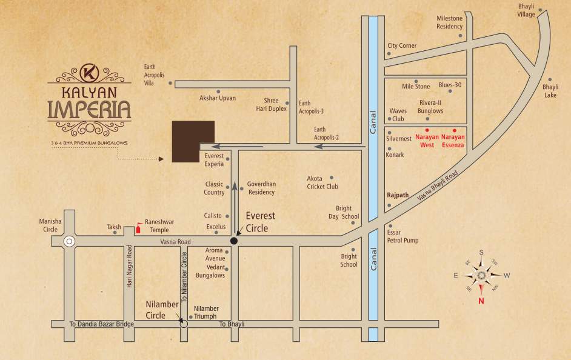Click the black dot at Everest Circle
(234, 241)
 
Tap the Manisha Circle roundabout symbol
(69, 241)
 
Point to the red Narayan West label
(427, 141)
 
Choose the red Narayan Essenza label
(454, 141)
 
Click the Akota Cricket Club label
(322, 182)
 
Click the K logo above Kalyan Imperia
(88, 72)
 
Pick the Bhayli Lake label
(550, 91)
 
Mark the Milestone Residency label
(449, 22)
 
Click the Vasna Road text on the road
(176, 242)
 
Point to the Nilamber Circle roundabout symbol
(184, 324)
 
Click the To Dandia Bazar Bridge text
(101, 325)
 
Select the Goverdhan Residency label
(261, 188)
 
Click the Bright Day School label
(343, 213)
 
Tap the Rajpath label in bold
(398, 196)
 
